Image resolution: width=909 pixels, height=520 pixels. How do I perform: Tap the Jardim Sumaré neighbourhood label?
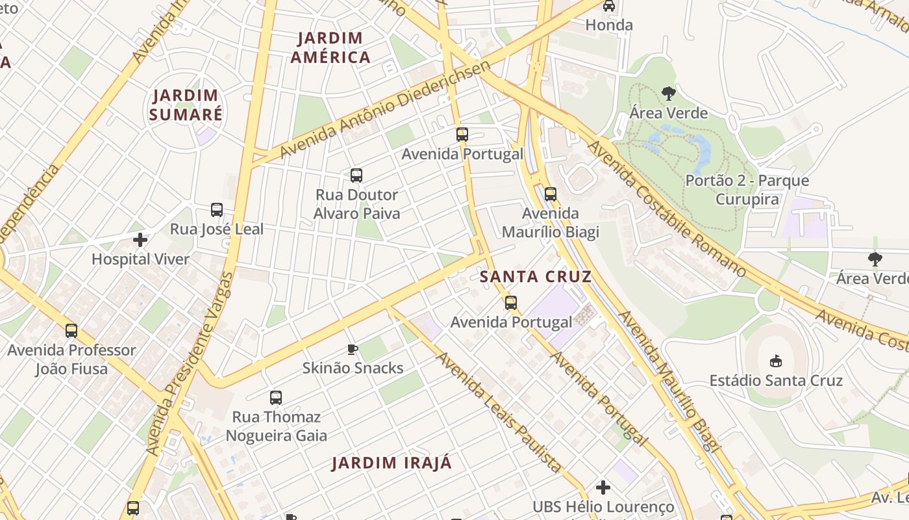pyautogui.click(x=186, y=105)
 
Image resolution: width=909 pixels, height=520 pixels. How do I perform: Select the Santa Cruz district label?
pyautogui.click(x=536, y=277)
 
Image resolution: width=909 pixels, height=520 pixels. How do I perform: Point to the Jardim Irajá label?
pyautogui.click(x=392, y=463)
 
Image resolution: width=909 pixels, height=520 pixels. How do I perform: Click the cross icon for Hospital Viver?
pyautogui.click(x=140, y=240)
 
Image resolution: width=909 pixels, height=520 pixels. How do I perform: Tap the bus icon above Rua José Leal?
pyautogui.click(x=217, y=210)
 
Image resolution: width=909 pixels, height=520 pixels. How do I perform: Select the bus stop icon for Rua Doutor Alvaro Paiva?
pyautogui.click(x=356, y=175)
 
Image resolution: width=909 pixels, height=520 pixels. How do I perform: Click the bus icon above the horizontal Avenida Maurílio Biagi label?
pyautogui.click(x=551, y=194)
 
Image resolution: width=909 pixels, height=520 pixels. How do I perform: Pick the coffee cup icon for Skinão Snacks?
pyautogui.click(x=353, y=349)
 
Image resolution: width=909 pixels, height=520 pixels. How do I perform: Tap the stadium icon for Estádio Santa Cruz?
pyautogui.click(x=775, y=361)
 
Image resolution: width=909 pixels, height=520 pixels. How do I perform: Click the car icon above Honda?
pyautogui.click(x=609, y=6)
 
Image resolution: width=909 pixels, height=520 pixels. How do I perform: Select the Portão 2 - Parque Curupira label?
pyautogui.click(x=747, y=190)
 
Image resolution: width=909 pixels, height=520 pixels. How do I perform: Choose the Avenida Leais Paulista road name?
pyautogui.click(x=498, y=411)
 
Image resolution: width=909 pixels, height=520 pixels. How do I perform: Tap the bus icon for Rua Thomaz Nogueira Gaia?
pyautogui.click(x=276, y=397)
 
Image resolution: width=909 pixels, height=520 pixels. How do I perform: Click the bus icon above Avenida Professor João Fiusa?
pyautogui.click(x=71, y=330)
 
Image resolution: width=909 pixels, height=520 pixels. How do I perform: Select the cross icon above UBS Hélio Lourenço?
pyautogui.click(x=603, y=487)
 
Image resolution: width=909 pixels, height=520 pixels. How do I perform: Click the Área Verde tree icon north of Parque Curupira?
pyautogui.click(x=669, y=94)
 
